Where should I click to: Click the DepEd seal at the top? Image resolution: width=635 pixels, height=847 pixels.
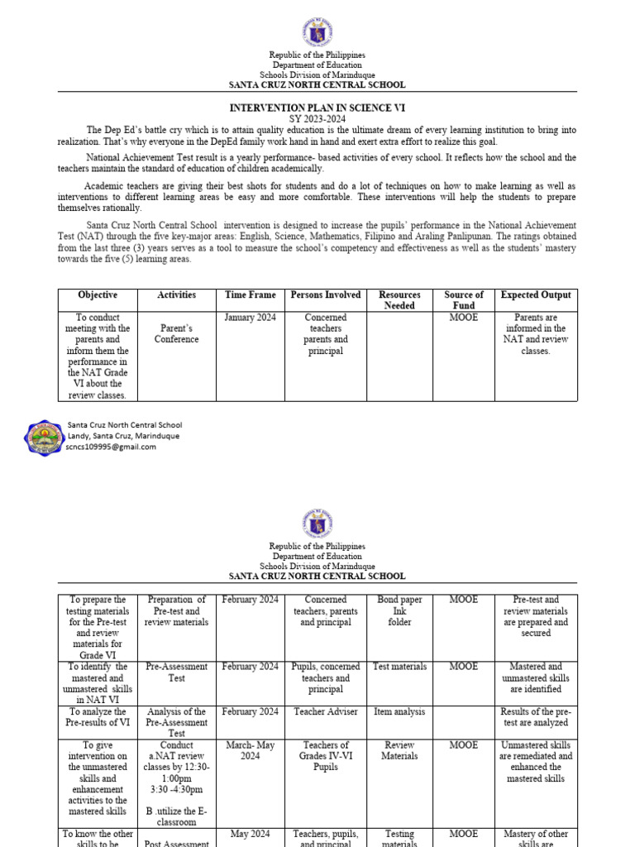(317, 32)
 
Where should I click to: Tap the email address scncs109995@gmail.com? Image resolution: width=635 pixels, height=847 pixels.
(111, 447)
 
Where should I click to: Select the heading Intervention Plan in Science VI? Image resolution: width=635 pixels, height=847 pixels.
(317, 108)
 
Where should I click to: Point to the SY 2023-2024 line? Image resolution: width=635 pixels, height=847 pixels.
(317, 119)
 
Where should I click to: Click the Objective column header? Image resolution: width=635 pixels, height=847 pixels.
(98, 295)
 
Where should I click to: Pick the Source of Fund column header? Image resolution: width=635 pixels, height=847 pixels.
(464, 300)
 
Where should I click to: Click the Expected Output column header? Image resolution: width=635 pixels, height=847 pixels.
(536, 295)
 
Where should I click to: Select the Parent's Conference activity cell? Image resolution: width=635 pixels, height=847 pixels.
(176, 333)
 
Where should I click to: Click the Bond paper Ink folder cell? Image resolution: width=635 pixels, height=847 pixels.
(399, 610)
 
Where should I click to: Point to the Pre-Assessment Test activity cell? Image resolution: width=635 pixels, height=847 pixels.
(176, 672)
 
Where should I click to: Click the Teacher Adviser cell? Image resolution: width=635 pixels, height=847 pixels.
(325, 711)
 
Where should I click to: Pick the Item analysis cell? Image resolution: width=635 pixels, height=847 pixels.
(399, 711)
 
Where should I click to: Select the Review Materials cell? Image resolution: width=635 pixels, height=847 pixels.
(399, 750)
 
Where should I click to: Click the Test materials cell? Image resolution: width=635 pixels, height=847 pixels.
(399, 667)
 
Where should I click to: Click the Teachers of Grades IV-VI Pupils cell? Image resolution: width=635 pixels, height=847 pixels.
(325, 756)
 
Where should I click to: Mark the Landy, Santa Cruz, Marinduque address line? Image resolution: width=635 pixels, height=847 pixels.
(122, 436)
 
